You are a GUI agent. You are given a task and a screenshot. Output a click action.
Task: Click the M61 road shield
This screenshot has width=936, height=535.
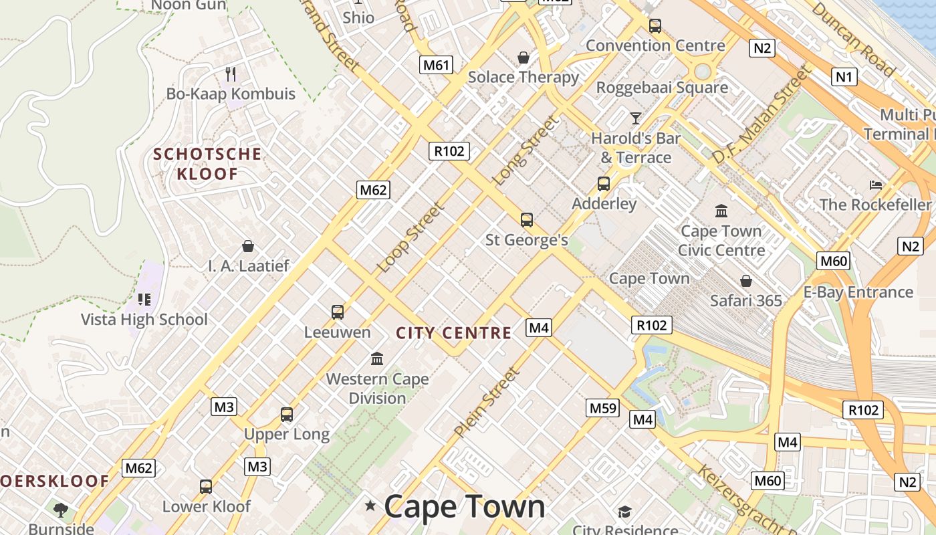[436, 65]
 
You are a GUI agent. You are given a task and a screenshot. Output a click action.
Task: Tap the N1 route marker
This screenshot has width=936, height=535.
[844, 77]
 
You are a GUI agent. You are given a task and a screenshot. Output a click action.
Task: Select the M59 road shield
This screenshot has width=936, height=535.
[602, 407]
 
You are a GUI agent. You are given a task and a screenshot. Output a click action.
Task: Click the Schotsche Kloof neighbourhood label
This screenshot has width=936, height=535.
[207, 164]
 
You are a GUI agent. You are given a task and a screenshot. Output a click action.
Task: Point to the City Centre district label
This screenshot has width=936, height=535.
[453, 333]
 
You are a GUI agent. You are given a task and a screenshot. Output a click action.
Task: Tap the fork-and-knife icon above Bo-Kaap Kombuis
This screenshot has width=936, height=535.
[231, 74]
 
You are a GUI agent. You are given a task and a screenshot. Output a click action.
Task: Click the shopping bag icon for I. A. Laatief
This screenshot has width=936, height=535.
[248, 246]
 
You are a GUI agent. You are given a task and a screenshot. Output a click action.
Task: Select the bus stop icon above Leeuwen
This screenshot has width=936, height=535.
[338, 312]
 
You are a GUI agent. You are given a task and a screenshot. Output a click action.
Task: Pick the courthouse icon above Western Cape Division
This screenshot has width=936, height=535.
[377, 359]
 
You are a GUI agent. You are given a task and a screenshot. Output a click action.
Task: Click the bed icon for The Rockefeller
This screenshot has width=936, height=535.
[876, 185]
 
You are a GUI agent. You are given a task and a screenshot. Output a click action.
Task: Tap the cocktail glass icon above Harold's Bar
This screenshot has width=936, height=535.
[636, 118]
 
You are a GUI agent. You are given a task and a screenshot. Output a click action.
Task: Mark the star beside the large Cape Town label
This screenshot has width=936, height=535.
[370, 506]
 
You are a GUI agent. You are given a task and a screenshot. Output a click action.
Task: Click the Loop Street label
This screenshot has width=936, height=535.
[411, 237]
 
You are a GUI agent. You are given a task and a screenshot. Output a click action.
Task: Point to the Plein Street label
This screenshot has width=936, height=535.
[486, 403]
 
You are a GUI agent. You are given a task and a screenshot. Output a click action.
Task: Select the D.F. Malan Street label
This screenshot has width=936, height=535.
[761, 115]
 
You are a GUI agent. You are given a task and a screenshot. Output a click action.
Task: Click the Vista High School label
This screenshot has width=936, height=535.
[144, 319]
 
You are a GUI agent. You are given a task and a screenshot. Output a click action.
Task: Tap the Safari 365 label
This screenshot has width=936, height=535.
[745, 301]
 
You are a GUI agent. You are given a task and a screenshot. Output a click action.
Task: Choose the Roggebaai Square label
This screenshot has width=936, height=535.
[662, 87]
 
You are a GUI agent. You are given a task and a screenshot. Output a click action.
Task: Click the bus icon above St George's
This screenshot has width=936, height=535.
[527, 219]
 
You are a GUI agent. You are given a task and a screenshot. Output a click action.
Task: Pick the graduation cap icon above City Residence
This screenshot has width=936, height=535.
[624, 512]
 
